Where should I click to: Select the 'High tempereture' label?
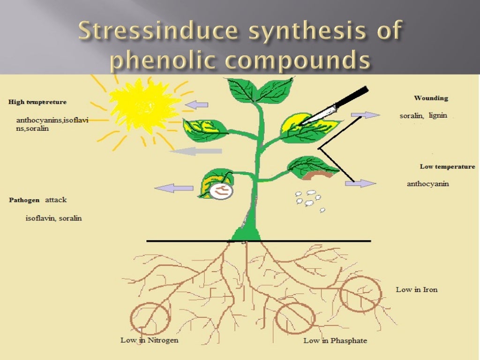[37, 102]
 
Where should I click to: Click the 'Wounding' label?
[431, 98]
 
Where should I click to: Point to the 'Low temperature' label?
[447, 166]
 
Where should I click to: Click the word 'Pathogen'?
[24, 200]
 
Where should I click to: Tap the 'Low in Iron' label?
[416, 289]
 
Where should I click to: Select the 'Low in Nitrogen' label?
[150, 340]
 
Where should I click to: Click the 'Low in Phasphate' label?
[335, 340]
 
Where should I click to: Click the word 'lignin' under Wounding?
[438, 115]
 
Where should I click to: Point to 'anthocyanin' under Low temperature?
[427, 184]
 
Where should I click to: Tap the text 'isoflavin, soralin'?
[53, 218]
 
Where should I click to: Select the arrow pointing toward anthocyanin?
[360, 183]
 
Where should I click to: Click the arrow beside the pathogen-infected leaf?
[174, 188]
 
